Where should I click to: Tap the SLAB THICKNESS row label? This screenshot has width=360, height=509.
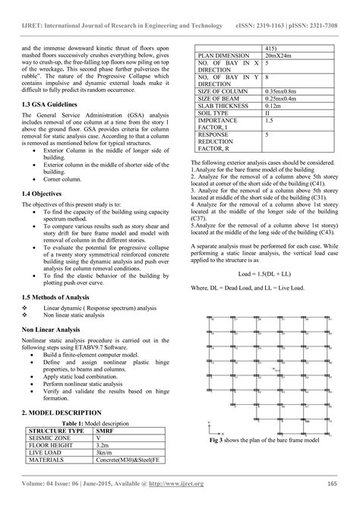coord(223,105)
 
